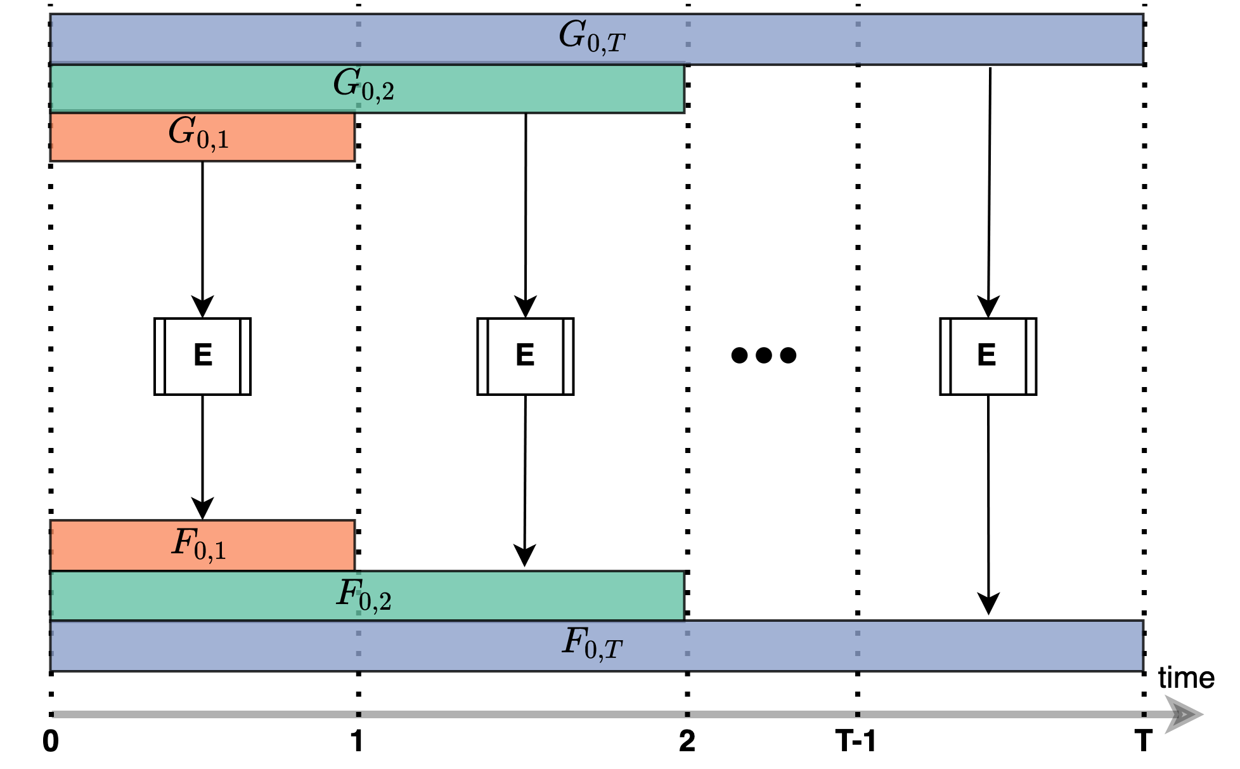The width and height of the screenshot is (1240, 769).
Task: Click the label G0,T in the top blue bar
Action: pos(592,37)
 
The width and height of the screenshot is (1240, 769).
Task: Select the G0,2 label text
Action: pos(364,85)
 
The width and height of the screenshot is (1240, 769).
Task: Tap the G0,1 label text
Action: pos(198,133)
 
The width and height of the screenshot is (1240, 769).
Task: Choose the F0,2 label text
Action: pos(364,595)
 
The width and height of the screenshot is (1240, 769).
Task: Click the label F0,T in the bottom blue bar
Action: pos(592,644)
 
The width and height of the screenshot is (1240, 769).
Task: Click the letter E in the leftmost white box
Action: pos(203,355)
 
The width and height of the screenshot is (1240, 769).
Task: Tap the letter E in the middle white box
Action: pos(525,355)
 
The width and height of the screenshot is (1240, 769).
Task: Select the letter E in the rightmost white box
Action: pos(986,355)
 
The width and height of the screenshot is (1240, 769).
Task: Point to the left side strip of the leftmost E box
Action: pos(160,357)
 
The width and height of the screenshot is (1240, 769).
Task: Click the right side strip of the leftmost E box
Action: pos(245,357)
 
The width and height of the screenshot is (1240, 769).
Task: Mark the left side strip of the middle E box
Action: pos(482,357)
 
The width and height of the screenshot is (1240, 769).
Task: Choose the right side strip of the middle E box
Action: pos(568,357)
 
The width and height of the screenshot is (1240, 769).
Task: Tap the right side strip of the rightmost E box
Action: pos(1031,357)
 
